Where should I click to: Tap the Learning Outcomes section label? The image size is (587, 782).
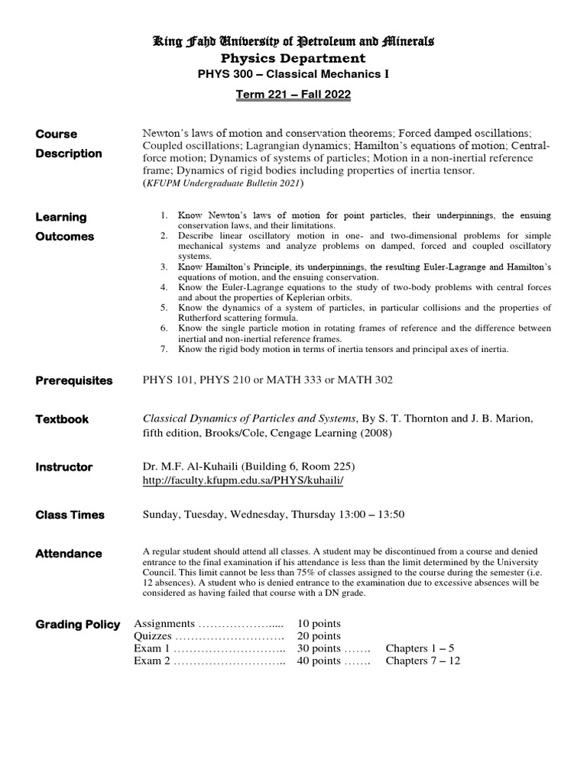coord(65,227)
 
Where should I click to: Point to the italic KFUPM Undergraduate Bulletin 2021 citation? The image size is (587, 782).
coord(223,183)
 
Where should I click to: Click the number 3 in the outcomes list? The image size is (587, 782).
coord(164,265)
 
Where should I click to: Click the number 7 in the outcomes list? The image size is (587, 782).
coord(164,349)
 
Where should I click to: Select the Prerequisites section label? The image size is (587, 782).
coord(73,380)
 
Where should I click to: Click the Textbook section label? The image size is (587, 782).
coord(62,419)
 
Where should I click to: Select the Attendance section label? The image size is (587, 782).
coord(68,554)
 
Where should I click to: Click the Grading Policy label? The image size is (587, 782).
coord(77,625)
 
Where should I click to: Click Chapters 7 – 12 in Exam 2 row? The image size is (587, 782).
coord(423,661)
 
